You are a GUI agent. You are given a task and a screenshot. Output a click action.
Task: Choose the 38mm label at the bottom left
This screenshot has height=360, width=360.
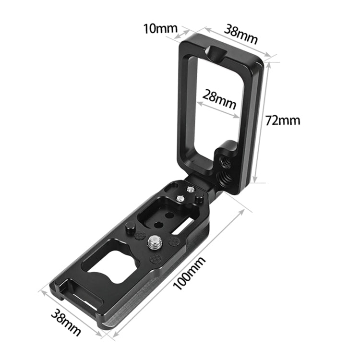[65, 321]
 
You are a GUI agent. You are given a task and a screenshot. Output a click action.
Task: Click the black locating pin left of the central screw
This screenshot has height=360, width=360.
[130, 228]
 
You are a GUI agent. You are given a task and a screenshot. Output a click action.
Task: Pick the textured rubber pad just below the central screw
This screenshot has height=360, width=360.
[156, 260]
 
